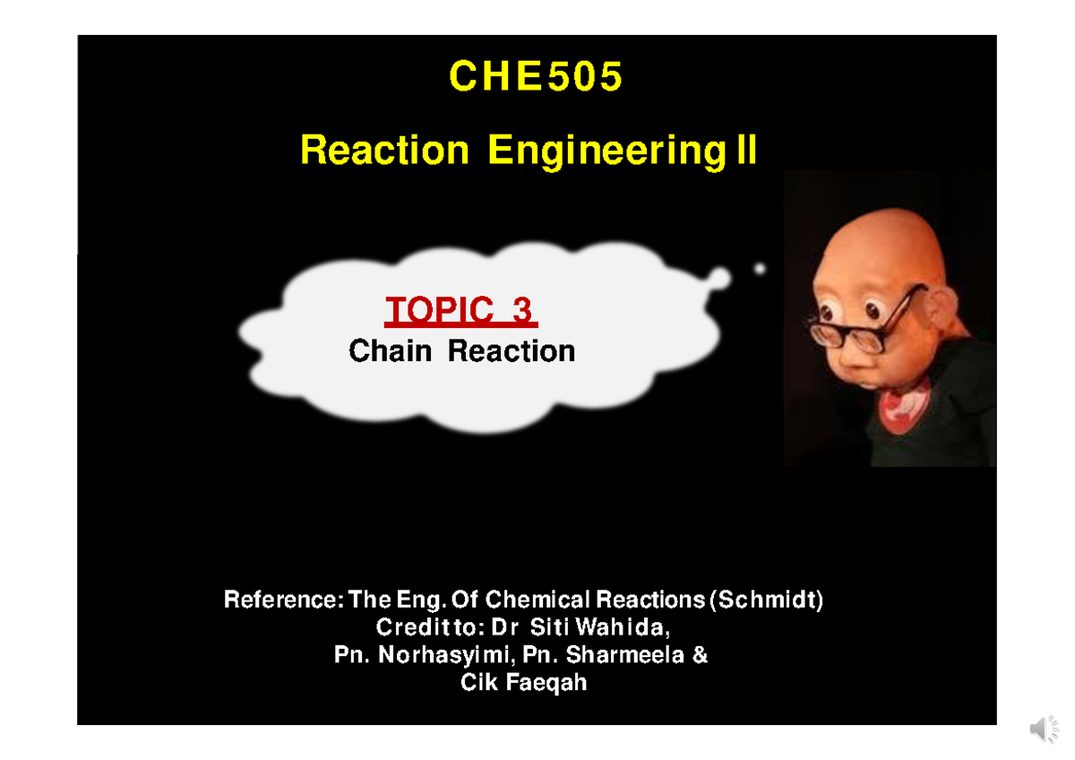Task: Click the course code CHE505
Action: point(536,77)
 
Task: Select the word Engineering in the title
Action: point(605,151)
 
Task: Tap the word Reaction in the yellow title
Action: point(384,151)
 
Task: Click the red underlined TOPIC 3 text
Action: point(460,311)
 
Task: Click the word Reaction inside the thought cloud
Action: point(512,350)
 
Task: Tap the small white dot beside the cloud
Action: point(760,268)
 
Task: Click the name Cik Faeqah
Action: point(524,683)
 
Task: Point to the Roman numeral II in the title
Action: point(745,151)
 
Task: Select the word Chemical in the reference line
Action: point(538,600)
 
